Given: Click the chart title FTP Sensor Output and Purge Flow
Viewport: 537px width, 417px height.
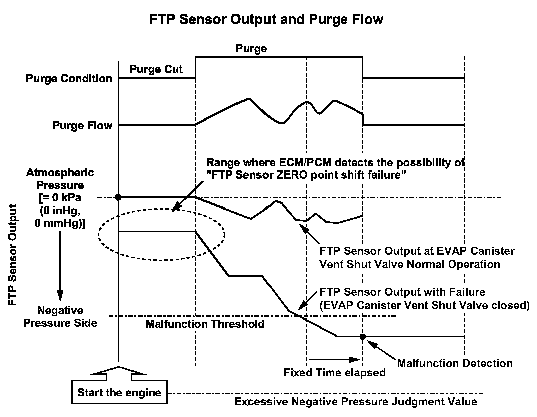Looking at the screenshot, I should click(266, 20).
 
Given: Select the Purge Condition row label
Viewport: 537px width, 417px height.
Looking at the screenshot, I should click(69, 79).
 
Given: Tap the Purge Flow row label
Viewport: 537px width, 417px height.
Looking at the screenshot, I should click(82, 125).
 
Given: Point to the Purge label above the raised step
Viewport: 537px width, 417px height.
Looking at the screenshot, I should click(251, 49).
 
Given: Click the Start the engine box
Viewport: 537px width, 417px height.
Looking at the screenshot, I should click(119, 392).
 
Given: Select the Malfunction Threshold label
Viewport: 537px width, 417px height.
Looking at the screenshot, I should click(205, 324).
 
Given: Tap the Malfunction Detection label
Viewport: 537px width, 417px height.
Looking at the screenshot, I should click(455, 363).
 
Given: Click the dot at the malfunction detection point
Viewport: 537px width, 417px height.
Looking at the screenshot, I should click(362, 336).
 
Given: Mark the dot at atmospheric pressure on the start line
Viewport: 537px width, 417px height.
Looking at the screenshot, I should click(118, 197).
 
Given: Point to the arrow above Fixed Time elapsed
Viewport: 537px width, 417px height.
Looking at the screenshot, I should click(334, 359).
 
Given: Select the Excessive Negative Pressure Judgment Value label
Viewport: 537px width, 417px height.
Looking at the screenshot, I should click(356, 402).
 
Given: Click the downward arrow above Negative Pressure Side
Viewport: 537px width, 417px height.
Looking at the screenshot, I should click(60, 271).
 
